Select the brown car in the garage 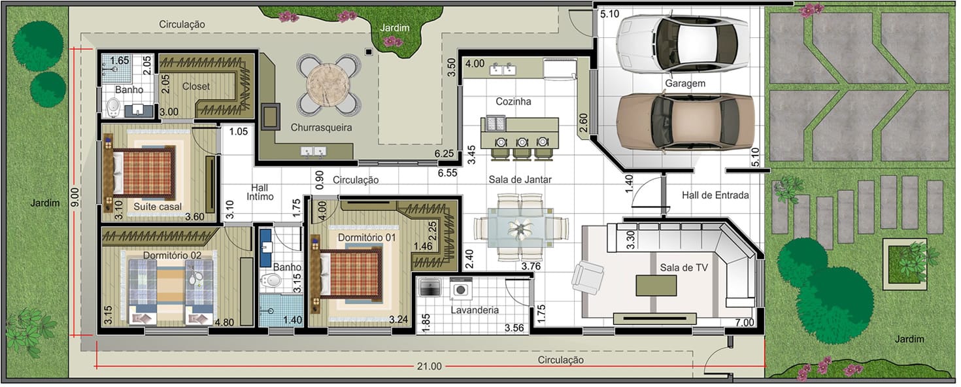(x=685, y=122)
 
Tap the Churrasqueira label (x=321, y=127)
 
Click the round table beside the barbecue (x=328, y=84)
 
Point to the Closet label (x=196, y=86)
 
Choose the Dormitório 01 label (x=366, y=237)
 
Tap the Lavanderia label (x=475, y=310)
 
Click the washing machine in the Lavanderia (x=461, y=288)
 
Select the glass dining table (x=521, y=228)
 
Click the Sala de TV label (x=683, y=268)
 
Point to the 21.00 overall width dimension (x=429, y=366)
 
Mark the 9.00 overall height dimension (x=75, y=197)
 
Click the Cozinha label (x=513, y=102)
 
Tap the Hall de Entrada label (x=715, y=195)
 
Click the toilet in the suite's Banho (x=113, y=107)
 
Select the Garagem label (x=684, y=83)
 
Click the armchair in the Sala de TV (x=588, y=277)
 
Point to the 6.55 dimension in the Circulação (x=447, y=173)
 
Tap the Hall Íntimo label (x=260, y=192)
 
